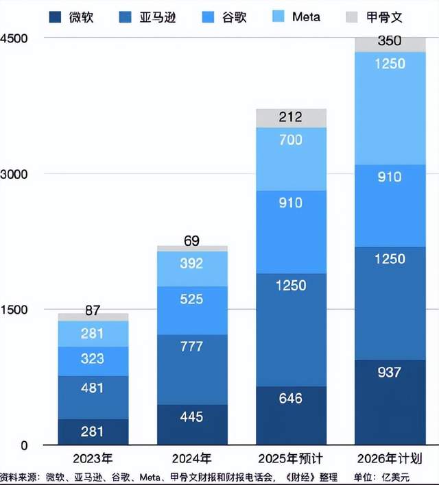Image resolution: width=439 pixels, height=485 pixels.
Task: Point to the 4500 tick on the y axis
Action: click(14, 38)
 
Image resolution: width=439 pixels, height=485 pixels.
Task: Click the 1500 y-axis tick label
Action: click(14, 310)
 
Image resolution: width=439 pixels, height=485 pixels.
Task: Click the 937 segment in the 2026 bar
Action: click(390, 401)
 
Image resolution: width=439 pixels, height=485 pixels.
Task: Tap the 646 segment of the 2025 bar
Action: click(291, 415)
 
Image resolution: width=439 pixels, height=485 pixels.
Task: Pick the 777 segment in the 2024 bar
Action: click(192, 369)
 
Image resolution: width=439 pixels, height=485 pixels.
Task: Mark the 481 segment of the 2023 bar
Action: click(93, 397)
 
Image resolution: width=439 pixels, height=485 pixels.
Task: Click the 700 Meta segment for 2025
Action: click(291, 159)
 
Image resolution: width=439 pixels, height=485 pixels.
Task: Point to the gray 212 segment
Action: click(291, 118)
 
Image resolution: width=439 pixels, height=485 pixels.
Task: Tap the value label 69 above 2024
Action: click(192, 240)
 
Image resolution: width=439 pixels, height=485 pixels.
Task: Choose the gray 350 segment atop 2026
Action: click(390, 44)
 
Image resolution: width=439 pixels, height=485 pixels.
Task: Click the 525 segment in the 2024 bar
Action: click(192, 310)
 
